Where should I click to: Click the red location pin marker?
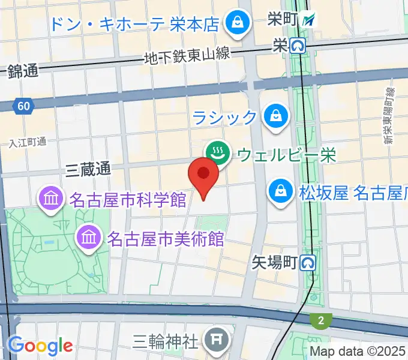click(203, 176)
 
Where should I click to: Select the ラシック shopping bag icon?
click(276, 116)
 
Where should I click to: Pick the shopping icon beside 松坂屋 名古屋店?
click(280, 192)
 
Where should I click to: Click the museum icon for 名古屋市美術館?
click(89, 238)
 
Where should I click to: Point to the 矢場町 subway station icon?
click(308, 262)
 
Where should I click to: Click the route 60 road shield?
click(23, 106)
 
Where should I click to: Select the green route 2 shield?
click(321, 321)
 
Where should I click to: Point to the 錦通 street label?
click(23, 71)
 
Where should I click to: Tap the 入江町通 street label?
click(28, 142)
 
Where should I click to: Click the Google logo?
click(40, 346)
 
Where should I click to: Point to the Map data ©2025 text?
click(358, 352)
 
